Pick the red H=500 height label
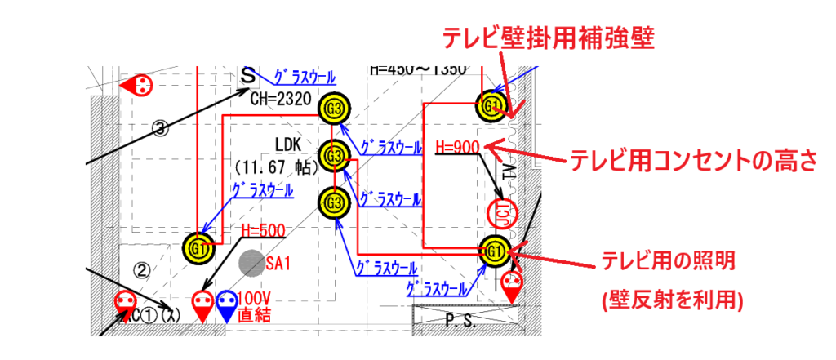(x=264, y=231)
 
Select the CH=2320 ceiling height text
(x=282, y=98)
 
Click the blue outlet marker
(x=227, y=304)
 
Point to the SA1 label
(x=278, y=264)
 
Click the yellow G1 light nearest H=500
(x=198, y=245)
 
